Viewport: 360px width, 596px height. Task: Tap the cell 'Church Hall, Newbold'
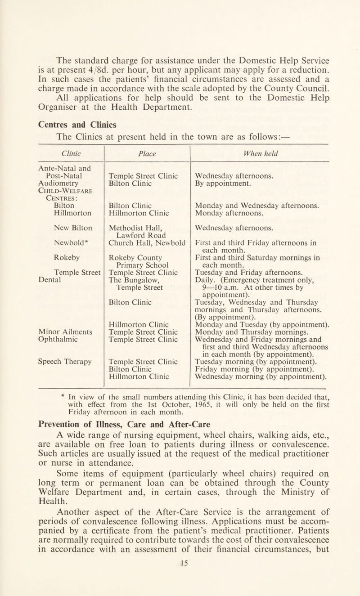point(149,229)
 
